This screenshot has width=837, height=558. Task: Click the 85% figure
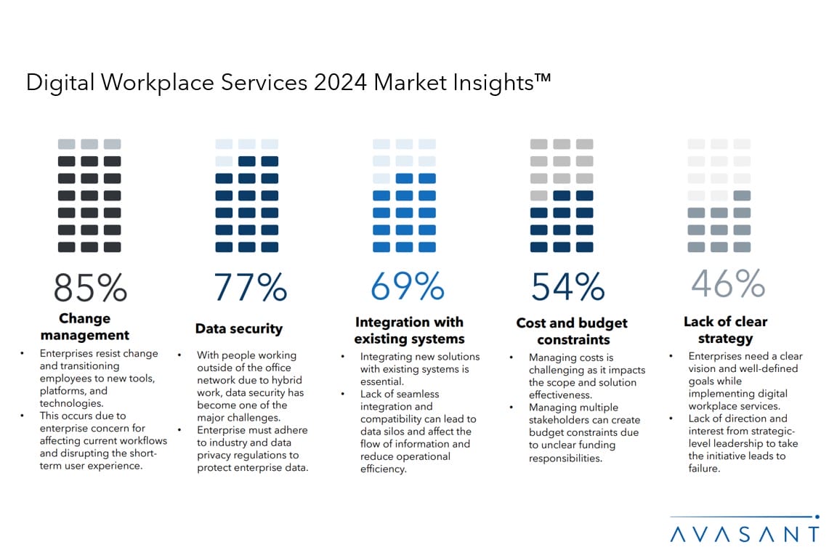pyautogui.click(x=90, y=287)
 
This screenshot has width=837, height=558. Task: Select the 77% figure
pyautogui.click(x=250, y=287)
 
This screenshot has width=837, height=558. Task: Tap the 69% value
pyautogui.click(x=407, y=287)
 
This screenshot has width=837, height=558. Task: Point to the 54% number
pyautogui.click(x=567, y=288)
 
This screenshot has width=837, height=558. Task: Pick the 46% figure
pyautogui.click(x=727, y=283)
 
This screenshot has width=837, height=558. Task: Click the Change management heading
pyautogui.click(x=85, y=327)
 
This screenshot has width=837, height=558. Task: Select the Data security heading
pyautogui.click(x=238, y=329)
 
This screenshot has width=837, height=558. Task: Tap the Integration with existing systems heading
pyautogui.click(x=409, y=331)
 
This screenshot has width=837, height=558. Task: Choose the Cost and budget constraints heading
pyautogui.click(x=572, y=331)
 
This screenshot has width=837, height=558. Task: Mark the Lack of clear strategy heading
pyautogui.click(x=725, y=330)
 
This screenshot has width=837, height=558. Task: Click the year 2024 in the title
pyautogui.click(x=341, y=83)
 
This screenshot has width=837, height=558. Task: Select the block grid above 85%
pyautogui.click(x=89, y=195)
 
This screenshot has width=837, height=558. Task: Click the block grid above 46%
pyautogui.click(x=719, y=195)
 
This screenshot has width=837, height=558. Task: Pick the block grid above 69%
pyautogui.click(x=404, y=195)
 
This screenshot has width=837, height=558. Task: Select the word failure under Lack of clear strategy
pyautogui.click(x=703, y=469)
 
